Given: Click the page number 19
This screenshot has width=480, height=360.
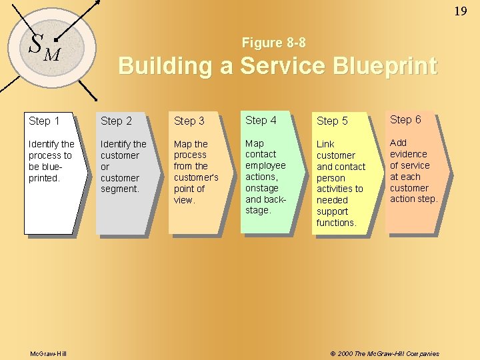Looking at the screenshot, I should (x=461, y=11).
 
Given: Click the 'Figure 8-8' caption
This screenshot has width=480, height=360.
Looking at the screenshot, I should (x=274, y=43).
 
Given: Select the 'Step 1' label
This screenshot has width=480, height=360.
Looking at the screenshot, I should (x=44, y=121).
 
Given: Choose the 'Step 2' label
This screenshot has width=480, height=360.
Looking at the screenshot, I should (x=116, y=121).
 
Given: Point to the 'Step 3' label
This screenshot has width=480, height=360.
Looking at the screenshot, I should (x=189, y=121).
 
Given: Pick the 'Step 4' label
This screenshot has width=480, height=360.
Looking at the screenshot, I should (x=261, y=120).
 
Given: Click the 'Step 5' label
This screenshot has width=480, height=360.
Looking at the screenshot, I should (x=332, y=121).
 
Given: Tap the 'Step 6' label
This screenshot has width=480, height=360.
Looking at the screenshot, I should (x=405, y=119).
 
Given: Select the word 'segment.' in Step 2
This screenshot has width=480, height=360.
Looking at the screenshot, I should (x=120, y=189).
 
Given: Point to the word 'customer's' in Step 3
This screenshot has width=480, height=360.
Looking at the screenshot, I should (x=196, y=177).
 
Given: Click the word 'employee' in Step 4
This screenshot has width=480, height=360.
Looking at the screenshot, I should (x=265, y=165).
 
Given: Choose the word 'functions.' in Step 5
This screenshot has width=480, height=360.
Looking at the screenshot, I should (x=336, y=223).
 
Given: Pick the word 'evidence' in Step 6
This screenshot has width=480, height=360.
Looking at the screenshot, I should (x=408, y=154).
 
